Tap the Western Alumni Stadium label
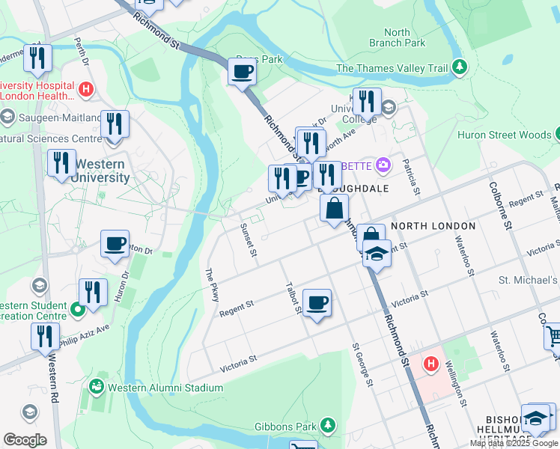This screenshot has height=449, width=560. [x=165, y=388]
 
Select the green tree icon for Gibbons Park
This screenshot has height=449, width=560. [x=327, y=425]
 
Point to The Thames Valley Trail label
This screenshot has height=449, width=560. [x=392, y=68]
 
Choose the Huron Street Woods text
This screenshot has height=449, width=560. [x=503, y=135]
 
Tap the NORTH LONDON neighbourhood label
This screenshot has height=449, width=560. [x=433, y=225]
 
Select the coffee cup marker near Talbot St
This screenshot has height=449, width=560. [x=317, y=302]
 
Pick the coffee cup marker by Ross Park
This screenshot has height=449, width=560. [x=242, y=73]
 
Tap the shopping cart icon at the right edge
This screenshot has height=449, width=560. [x=553, y=336]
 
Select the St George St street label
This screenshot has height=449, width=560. [x=362, y=366]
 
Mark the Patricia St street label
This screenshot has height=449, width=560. [x=408, y=174]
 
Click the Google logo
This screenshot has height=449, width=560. [x=25, y=440]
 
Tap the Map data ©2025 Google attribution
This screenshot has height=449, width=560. [x=514, y=443]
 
